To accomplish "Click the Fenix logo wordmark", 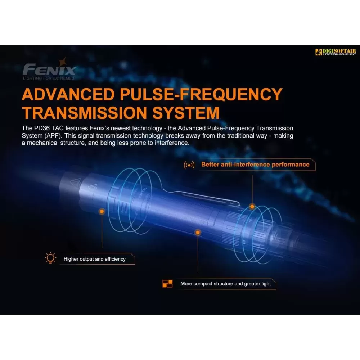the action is [49, 69].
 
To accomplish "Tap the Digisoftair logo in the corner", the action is [336, 52].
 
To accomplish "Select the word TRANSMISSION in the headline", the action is [84, 113].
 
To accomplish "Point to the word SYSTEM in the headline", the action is [186, 113].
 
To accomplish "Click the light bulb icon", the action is [50, 258].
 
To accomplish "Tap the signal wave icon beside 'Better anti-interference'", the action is [189, 165].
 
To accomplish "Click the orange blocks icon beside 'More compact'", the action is [167, 284].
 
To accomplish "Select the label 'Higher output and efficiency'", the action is [95, 259].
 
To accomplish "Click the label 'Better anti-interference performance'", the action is [255, 165].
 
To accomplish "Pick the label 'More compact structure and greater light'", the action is [225, 284].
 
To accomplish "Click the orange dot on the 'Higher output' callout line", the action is [102, 211].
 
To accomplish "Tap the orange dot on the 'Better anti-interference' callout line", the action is [252, 207].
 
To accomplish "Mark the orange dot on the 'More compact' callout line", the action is [198, 232].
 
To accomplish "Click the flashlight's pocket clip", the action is [202, 197].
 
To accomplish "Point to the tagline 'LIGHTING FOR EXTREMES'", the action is [49, 78].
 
